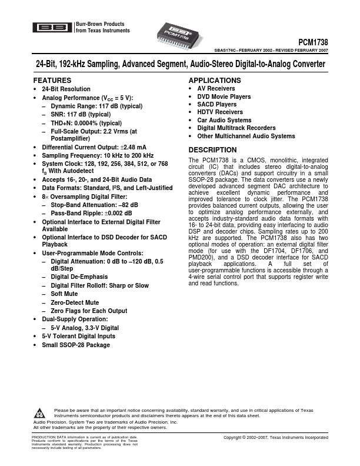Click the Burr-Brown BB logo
tap(52, 27)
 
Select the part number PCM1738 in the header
tap(313, 42)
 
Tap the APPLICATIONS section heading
tap(214, 80)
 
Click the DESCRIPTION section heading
tap(212, 150)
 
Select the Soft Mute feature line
tap(64, 294)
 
